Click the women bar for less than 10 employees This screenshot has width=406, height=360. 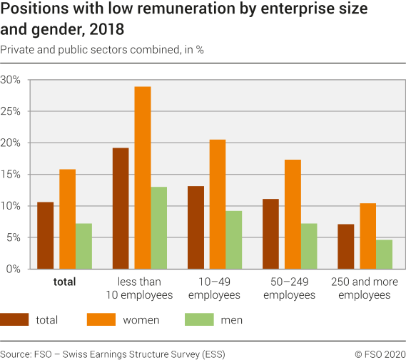click(x=143, y=178)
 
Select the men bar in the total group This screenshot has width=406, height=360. click(x=84, y=246)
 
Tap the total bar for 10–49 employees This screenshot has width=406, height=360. click(x=196, y=227)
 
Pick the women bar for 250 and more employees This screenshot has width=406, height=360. click(x=367, y=236)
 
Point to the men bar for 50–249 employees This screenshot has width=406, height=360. click(x=309, y=246)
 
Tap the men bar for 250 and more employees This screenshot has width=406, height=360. click(x=384, y=254)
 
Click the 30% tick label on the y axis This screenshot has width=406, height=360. click(x=11, y=80)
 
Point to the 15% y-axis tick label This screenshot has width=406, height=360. click(x=11, y=175)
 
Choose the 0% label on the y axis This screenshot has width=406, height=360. click(x=14, y=269)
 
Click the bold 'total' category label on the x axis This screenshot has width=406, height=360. click(x=64, y=282)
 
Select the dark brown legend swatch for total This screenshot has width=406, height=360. click(x=14, y=320)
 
